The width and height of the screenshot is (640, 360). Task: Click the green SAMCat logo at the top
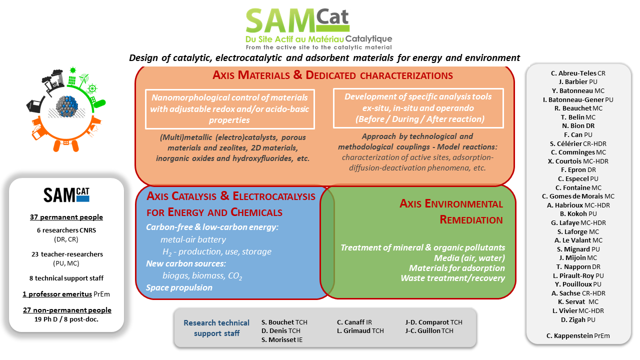318,28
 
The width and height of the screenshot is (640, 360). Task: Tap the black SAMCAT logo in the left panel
66,195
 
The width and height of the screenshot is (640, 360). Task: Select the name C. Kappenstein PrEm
578,335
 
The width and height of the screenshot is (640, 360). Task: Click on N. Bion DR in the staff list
578,126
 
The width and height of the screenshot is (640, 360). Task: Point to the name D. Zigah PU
578,319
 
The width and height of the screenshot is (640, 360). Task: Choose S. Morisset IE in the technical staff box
281,339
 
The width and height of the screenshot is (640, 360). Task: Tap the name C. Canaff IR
354,322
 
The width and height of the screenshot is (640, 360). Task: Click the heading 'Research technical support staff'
216,328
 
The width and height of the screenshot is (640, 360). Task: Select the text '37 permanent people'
66,217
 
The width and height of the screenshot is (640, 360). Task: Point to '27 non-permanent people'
67,310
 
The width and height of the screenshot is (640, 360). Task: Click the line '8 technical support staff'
66,278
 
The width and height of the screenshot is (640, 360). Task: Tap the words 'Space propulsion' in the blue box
179,287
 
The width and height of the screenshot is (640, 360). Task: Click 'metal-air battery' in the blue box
193,239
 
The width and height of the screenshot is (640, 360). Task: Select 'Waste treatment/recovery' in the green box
452,278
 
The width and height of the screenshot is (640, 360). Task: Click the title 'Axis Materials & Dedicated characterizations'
332,75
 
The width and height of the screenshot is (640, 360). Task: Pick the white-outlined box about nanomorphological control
229,109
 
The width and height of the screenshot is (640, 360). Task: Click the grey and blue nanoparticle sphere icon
67,106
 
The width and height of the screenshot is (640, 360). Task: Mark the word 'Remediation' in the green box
471,219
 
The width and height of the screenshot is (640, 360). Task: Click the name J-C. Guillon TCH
429,331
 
